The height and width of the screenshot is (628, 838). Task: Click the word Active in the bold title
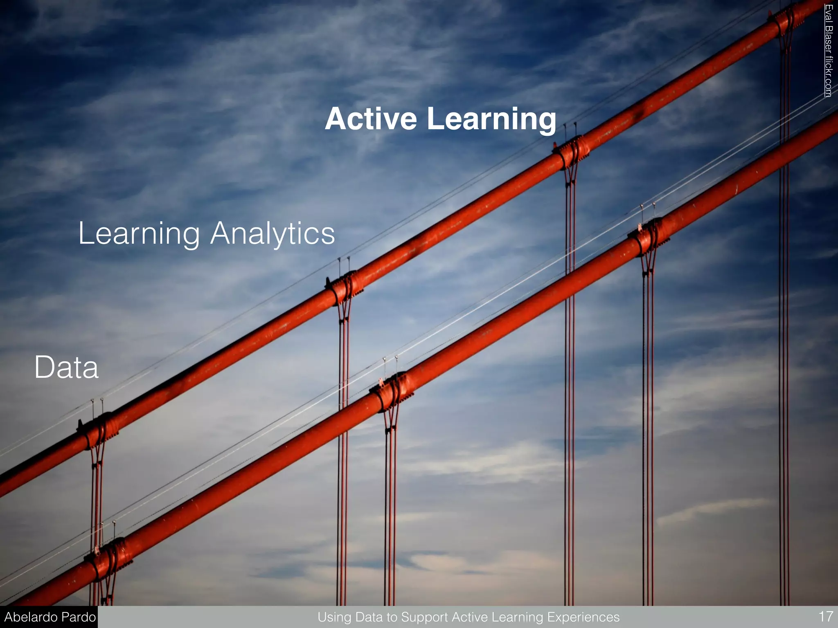coord(371,119)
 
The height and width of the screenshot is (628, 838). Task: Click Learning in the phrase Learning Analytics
coord(139,234)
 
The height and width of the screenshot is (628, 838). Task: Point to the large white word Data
coord(66,367)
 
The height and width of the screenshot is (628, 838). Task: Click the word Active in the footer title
coord(471,617)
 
